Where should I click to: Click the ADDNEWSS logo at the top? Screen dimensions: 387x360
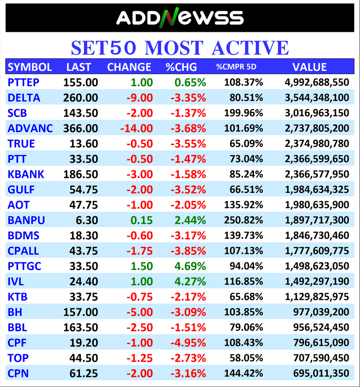click(180, 18)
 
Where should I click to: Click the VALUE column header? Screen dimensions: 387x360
click(309, 67)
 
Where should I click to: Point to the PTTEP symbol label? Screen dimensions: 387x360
click(23, 82)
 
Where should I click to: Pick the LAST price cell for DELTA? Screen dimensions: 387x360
click(80, 98)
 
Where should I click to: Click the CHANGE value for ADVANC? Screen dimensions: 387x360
click(136, 128)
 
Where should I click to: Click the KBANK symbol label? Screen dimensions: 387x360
click(26, 174)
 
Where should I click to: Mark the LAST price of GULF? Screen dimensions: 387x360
click(83, 190)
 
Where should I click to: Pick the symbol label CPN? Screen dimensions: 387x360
click(18, 373)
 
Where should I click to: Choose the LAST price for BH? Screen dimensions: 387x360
click(80, 312)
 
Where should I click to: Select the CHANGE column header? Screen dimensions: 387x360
click(129, 67)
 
